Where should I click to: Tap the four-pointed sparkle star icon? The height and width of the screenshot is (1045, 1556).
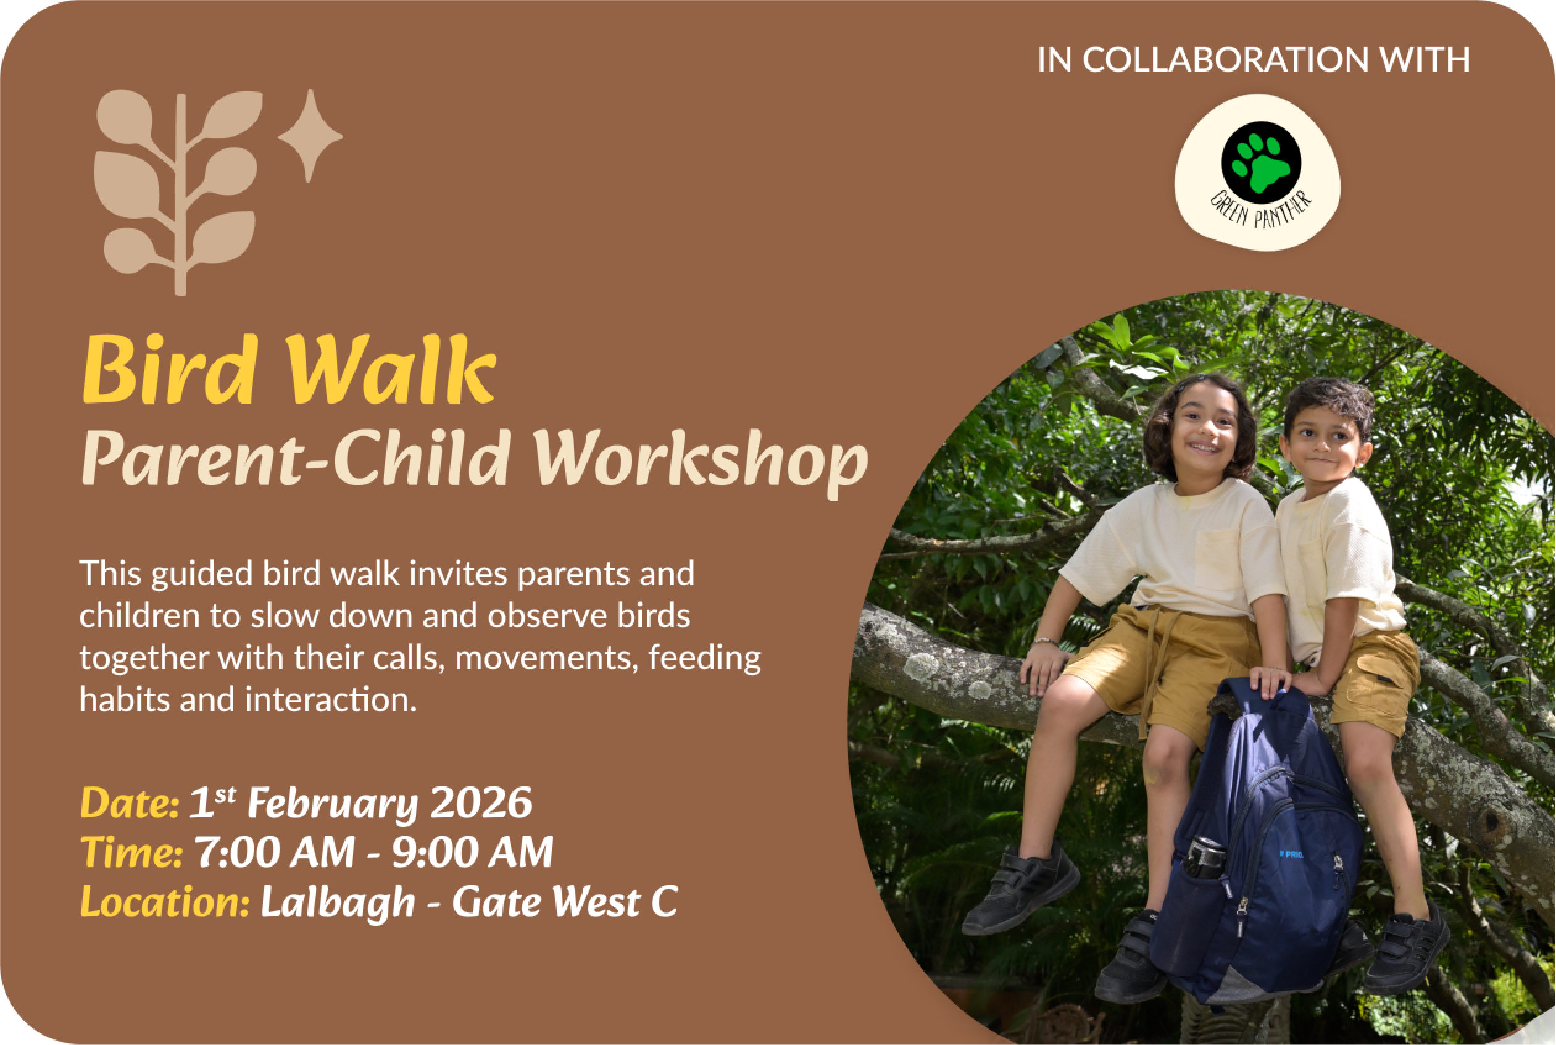[x=310, y=135]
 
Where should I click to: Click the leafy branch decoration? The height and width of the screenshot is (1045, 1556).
[x=177, y=193]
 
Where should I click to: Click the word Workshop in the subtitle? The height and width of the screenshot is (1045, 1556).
[x=700, y=462]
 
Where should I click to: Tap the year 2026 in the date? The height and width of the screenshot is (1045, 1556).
[x=481, y=802]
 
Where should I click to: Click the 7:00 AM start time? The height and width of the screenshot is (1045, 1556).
[x=274, y=852]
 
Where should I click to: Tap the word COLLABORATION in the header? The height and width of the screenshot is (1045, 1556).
[x=1225, y=60]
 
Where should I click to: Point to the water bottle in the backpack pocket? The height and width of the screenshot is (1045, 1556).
[x=1205, y=856]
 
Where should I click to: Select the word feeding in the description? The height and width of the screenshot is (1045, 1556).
[x=705, y=659]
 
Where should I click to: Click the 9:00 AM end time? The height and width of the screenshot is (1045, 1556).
[x=472, y=852]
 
